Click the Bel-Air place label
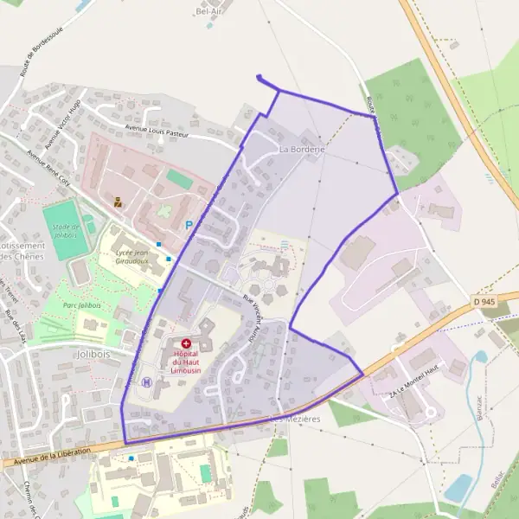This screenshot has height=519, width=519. (x=210, y=12)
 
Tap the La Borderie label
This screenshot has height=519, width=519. (x=302, y=149)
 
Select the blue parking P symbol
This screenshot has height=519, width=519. (x=189, y=225)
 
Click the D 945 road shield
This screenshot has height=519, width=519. (x=484, y=301)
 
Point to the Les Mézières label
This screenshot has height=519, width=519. (x=295, y=419)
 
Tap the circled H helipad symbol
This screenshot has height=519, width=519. (x=146, y=382)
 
